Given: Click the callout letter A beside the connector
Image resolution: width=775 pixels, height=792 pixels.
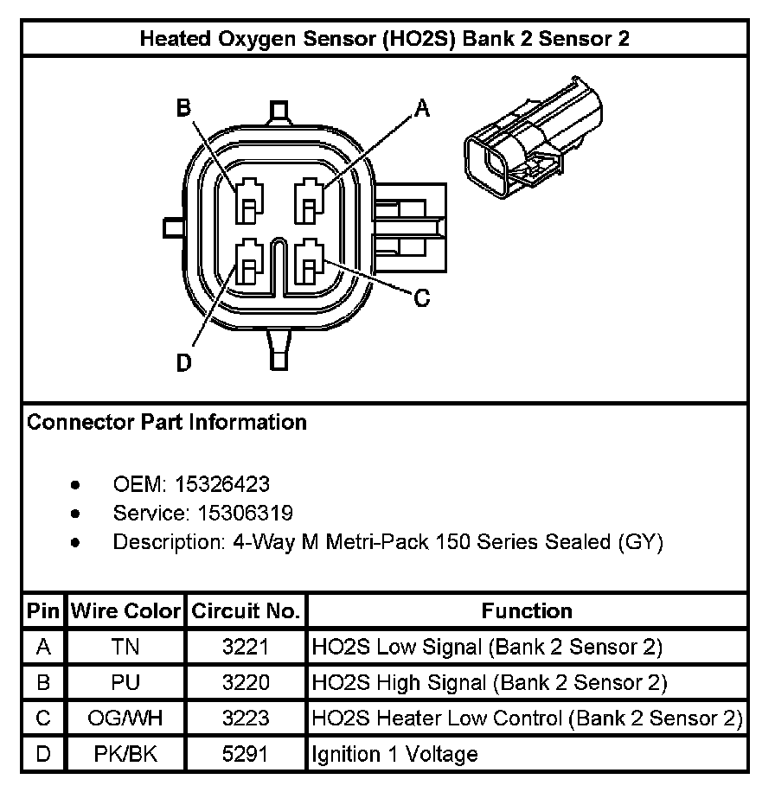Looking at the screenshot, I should (x=422, y=108).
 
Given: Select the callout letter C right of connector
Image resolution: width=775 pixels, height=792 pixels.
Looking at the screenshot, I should (x=421, y=298).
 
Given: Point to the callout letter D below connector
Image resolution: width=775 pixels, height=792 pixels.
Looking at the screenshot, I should (x=183, y=363).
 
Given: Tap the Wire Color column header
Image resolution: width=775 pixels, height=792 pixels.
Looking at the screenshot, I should (x=126, y=611).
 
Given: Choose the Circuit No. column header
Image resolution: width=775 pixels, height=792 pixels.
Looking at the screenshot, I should (x=246, y=611).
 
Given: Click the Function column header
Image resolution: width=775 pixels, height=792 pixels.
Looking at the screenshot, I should (x=527, y=611).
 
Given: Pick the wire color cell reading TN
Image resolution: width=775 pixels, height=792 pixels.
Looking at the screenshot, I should (x=126, y=647).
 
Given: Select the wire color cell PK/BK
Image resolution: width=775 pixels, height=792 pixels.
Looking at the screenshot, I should (x=126, y=754).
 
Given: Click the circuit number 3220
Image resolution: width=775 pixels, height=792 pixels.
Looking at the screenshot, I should (x=246, y=682).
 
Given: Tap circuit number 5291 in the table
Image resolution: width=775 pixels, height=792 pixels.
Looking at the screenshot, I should (x=246, y=754).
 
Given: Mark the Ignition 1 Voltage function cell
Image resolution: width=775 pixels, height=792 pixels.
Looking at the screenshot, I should (x=394, y=754).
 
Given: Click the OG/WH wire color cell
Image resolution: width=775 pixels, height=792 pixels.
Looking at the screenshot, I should (x=126, y=719).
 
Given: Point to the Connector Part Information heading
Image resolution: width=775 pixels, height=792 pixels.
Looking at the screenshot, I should (x=167, y=423).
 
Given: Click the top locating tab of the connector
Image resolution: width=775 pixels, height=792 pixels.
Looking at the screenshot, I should (x=279, y=110).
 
